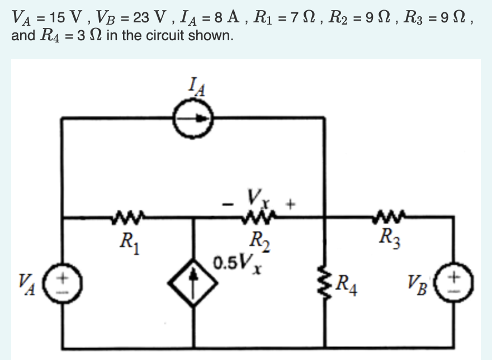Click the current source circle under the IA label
193,118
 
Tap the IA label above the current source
193,88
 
